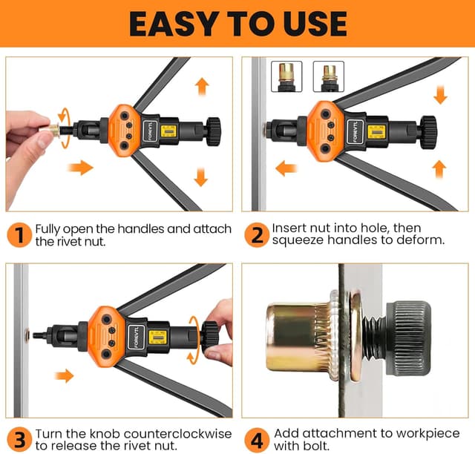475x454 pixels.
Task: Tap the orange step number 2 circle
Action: [x=256, y=235]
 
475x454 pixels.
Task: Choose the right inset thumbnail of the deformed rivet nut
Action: [x=328, y=76]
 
